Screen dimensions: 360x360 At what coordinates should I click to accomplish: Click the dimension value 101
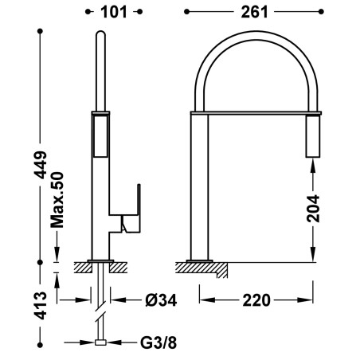(x=114, y=12)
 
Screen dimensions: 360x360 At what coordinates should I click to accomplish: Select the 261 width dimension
(x=254, y=12)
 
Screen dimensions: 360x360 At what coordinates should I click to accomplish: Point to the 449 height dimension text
(x=41, y=165)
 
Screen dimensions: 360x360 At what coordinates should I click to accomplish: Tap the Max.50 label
(x=57, y=200)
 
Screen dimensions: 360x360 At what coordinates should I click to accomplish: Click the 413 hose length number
(x=41, y=305)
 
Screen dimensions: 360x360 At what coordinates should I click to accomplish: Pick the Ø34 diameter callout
(x=161, y=300)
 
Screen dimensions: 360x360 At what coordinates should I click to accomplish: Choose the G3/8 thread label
(x=158, y=343)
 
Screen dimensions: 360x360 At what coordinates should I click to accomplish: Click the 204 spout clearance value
(x=313, y=209)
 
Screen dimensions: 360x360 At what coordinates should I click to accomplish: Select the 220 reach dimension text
(x=256, y=300)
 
